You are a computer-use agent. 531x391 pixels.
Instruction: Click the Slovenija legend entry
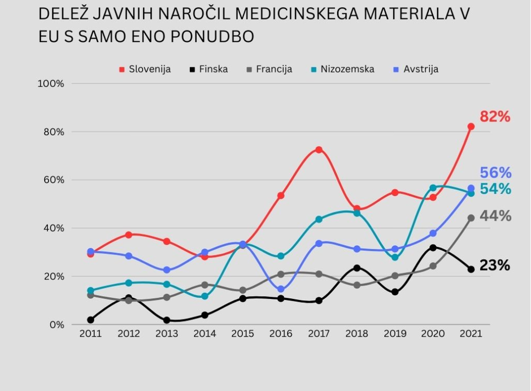[x=145, y=69]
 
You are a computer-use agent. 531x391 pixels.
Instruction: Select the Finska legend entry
[x=209, y=69]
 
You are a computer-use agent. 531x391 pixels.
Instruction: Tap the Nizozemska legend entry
[x=342, y=69]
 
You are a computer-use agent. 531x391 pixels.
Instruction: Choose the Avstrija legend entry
[x=416, y=69]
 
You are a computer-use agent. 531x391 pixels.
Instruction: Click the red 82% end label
[x=495, y=117]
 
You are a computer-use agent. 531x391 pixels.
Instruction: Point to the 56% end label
[x=495, y=173]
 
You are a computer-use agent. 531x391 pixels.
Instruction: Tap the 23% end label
[x=495, y=266]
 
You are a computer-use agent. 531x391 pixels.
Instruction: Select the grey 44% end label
[x=495, y=216]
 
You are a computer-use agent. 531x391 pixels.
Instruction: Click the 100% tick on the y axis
[x=51, y=84]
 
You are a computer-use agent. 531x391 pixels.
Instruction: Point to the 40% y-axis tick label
[x=53, y=228]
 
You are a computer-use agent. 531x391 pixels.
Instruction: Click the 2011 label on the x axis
[x=90, y=334]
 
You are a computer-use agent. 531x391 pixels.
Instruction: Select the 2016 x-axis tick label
[x=281, y=334]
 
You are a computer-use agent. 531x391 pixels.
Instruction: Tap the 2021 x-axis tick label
[x=471, y=334]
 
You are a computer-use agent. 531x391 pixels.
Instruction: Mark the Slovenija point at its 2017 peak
[x=319, y=150]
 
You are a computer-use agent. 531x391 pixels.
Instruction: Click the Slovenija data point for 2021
[x=471, y=127]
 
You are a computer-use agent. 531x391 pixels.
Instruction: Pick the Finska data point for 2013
[x=167, y=320]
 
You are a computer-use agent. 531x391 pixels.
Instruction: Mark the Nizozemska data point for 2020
[x=433, y=188]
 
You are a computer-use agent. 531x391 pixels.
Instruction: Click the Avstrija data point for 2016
[x=281, y=289]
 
